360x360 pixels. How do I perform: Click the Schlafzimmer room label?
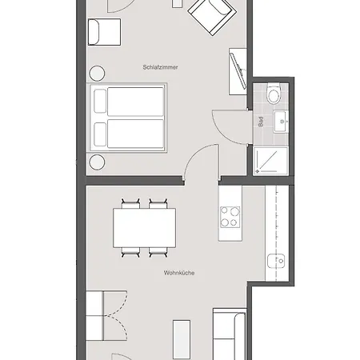click(x=160, y=67)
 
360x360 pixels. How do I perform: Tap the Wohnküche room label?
click(x=179, y=273)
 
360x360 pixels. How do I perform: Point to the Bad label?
click(x=261, y=122)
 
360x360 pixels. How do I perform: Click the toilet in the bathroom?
click(x=274, y=94)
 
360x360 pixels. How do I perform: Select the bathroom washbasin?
click(x=281, y=122)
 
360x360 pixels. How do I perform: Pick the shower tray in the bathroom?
click(x=271, y=161)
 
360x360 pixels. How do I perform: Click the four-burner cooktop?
click(x=230, y=217)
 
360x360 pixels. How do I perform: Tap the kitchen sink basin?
click(x=276, y=261)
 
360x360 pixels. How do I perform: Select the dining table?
click(x=144, y=228)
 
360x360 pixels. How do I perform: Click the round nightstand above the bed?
click(x=97, y=74)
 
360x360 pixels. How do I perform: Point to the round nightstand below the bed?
click(x=97, y=162)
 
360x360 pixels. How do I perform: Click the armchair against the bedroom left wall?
click(x=104, y=32)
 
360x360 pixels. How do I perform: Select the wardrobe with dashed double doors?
click(x=106, y=316)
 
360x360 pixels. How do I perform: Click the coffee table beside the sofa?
click(x=182, y=339)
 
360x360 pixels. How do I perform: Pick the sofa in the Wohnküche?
click(x=230, y=334)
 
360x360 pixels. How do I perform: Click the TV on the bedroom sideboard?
click(x=238, y=71)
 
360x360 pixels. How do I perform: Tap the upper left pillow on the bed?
click(x=100, y=101)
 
